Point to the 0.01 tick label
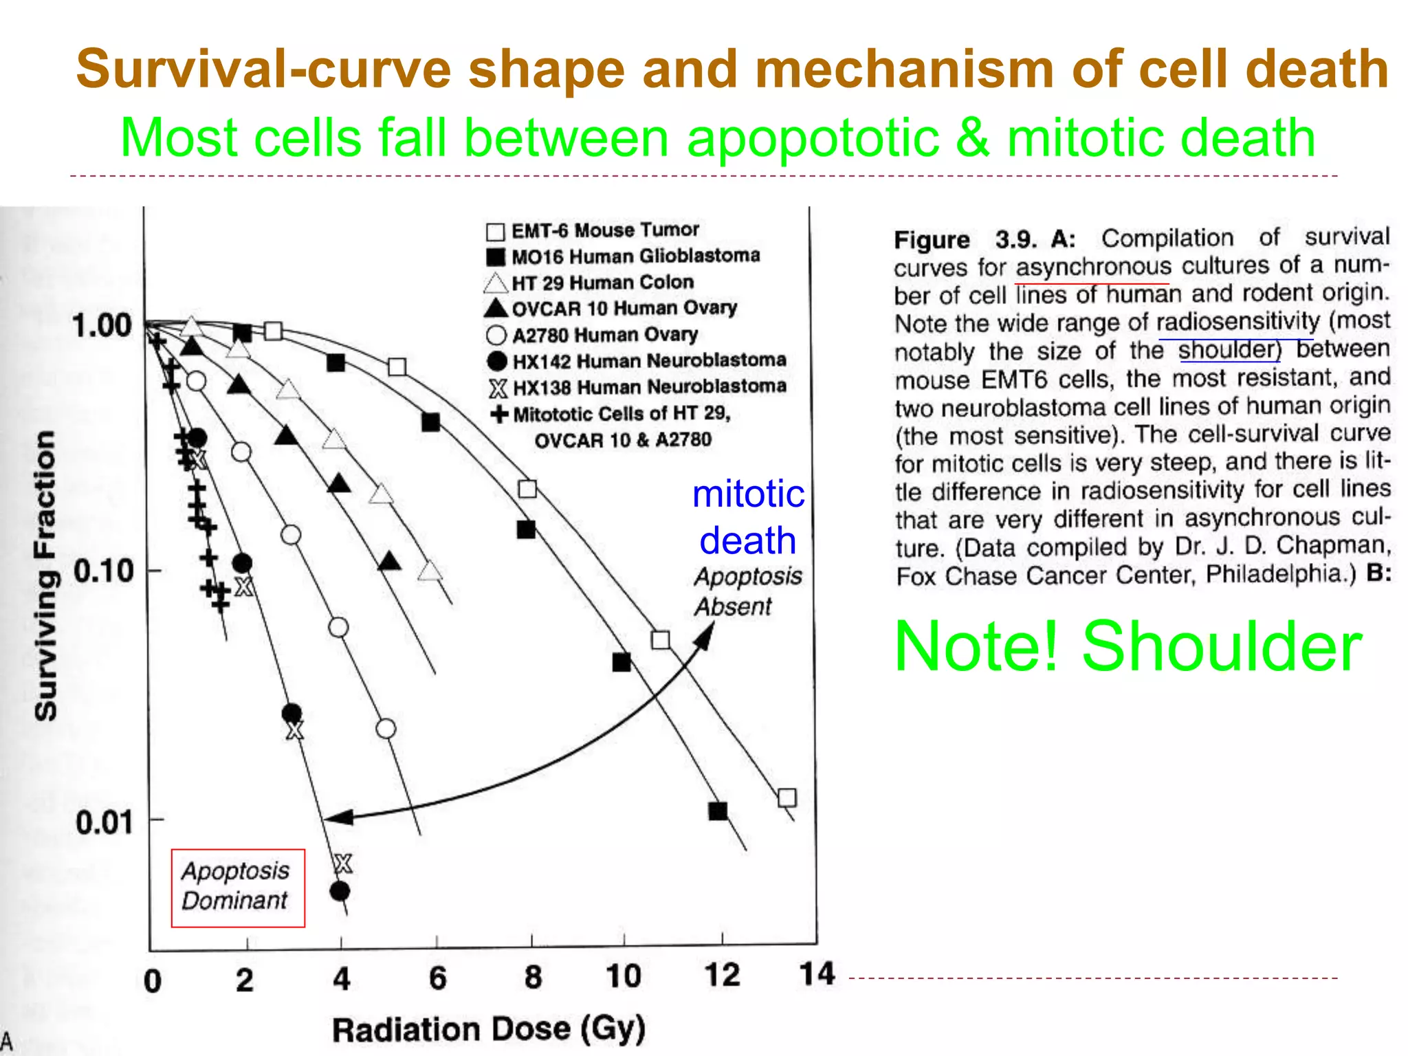pos(104,822)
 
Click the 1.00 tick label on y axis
pos(102,325)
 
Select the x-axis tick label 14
pos(816,974)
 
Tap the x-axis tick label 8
pos(533,977)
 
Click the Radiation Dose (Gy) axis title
pos(489,1029)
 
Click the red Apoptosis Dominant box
pos(237,888)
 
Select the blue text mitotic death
pos(748,517)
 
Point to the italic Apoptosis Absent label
pos(747,591)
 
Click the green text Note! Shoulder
pos(1127,646)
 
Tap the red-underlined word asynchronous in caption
pos(1093,266)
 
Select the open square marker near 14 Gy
pos(786,797)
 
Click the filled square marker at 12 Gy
pos(718,811)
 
